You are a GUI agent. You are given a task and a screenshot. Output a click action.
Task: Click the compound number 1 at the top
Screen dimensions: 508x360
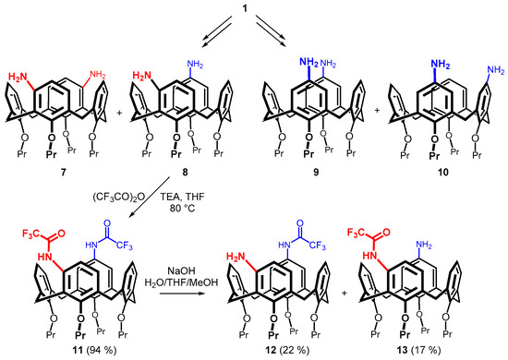pos(253,6)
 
